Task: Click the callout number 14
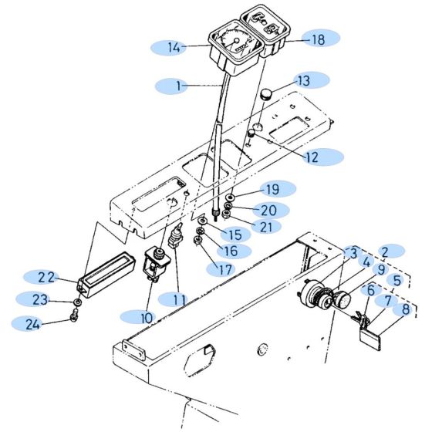click(174, 47)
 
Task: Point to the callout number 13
click(304, 79)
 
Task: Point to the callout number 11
click(181, 297)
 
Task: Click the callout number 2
click(390, 251)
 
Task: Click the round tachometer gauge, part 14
click(230, 42)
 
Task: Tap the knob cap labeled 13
click(266, 96)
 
